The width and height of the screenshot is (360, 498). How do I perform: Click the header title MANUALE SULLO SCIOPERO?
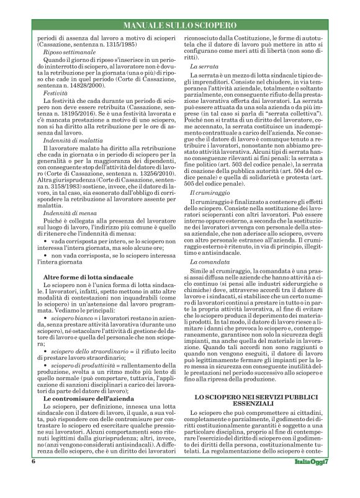click(179, 27)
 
